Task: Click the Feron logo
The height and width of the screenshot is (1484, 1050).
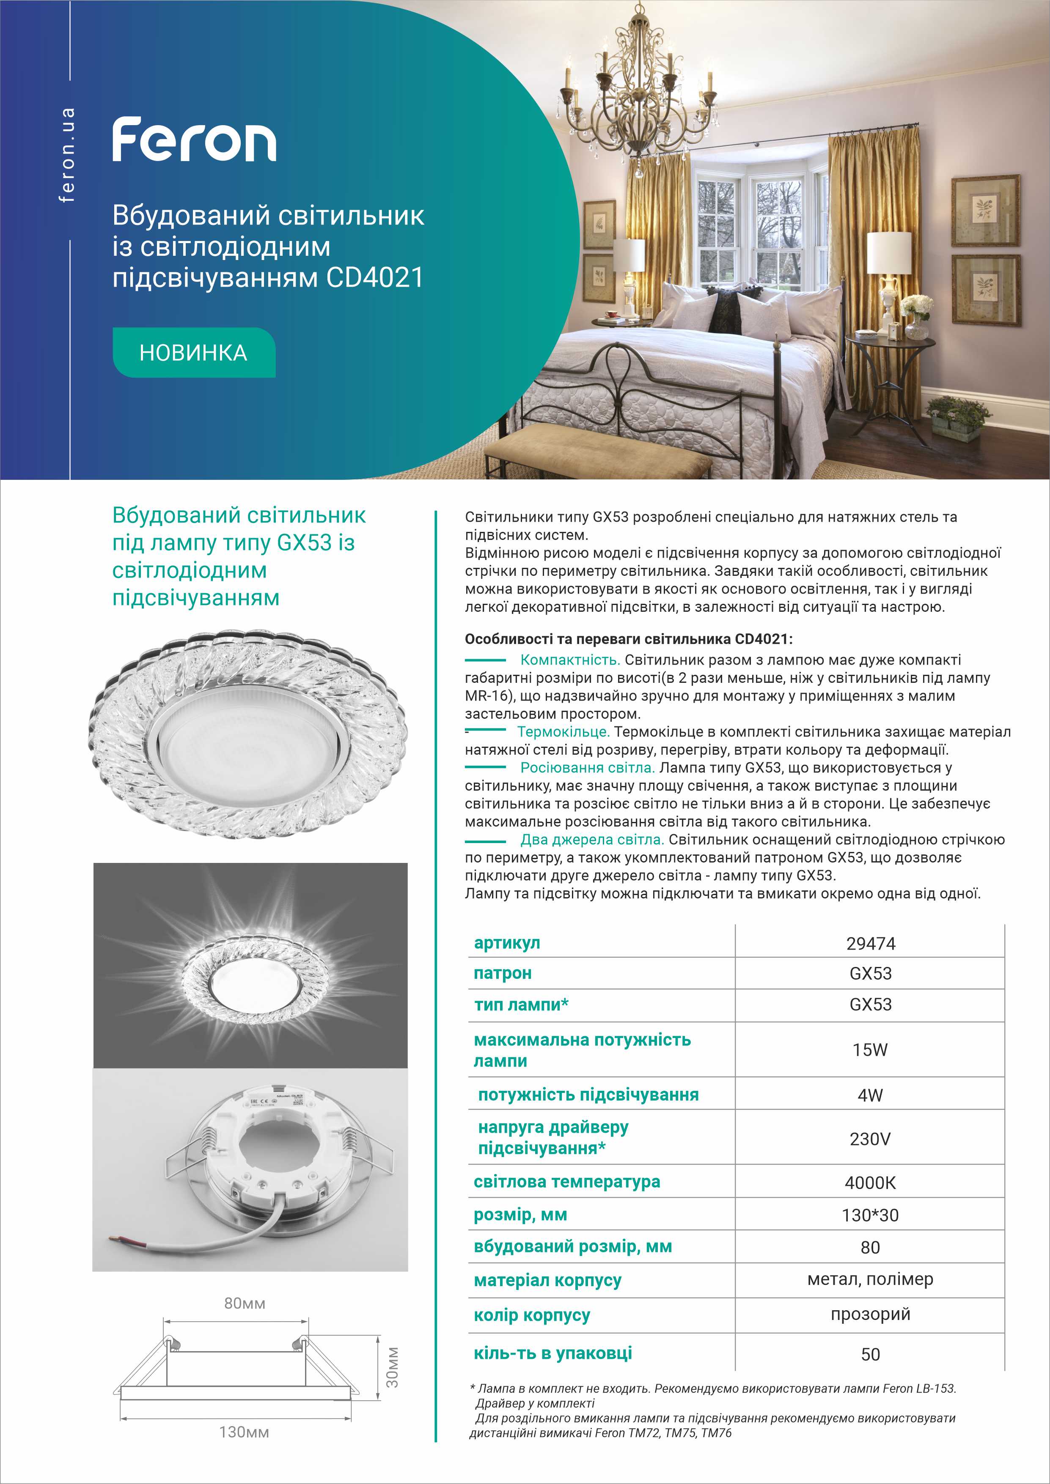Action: (194, 140)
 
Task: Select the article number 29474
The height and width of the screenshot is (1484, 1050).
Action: (870, 944)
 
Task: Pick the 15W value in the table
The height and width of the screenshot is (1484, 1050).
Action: (870, 1050)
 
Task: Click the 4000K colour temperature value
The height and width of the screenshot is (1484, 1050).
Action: (870, 1183)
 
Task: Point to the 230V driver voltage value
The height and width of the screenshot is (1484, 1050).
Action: (870, 1139)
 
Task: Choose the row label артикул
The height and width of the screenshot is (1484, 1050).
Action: (507, 943)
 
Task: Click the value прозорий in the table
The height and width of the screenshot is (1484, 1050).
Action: (870, 1314)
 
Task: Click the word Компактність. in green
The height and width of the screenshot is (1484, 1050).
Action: (569, 660)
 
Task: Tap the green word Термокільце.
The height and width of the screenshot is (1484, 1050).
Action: (563, 732)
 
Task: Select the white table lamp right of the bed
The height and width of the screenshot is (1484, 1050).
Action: (888, 258)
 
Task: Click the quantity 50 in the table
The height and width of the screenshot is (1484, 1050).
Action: (870, 1355)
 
